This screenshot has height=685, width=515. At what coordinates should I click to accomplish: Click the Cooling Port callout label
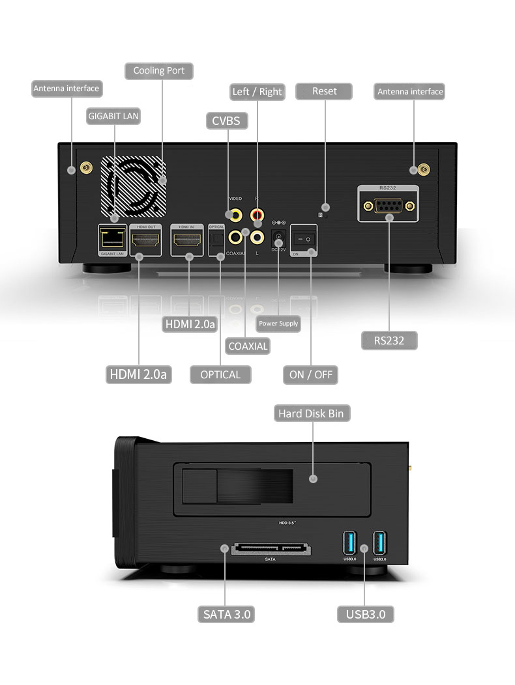tap(159, 70)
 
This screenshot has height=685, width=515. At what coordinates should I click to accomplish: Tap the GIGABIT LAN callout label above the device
tap(113, 116)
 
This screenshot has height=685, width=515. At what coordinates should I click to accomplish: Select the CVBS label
tap(226, 120)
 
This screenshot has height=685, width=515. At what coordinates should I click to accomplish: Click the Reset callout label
tap(324, 91)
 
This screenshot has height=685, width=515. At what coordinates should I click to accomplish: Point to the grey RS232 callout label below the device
tap(389, 340)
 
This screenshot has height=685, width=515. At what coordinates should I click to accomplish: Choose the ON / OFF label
tap(310, 374)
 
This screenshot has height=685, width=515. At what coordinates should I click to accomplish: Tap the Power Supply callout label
tap(278, 324)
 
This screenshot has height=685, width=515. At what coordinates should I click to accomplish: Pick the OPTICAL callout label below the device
tap(220, 374)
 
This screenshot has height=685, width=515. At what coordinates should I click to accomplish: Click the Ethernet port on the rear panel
tap(112, 238)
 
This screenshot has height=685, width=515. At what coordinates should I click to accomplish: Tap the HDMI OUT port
tap(146, 241)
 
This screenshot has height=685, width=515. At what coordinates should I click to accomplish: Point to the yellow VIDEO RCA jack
tap(233, 214)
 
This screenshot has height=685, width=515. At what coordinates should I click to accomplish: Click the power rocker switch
tap(304, 239)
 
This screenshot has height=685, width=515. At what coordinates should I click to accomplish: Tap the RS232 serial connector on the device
tap(389, 206)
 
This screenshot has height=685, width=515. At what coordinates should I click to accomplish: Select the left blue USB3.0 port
tap(350, 542)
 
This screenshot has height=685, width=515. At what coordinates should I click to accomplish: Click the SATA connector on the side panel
tap(269, 549)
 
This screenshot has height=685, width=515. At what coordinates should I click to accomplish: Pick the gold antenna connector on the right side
tap(424, 170)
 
